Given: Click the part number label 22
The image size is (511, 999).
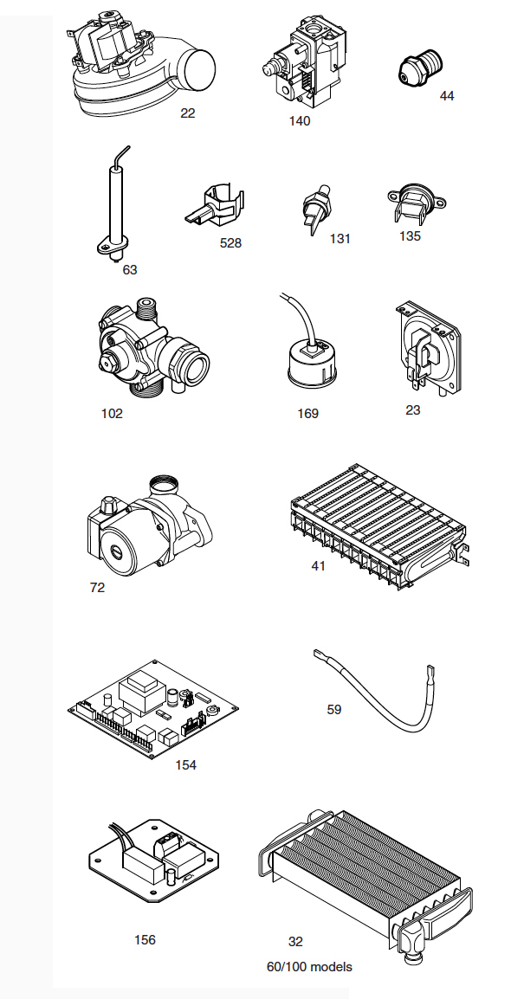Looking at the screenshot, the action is point(187,113).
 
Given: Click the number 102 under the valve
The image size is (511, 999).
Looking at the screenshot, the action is point(112,414).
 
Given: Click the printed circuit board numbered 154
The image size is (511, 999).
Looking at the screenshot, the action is point(153,708).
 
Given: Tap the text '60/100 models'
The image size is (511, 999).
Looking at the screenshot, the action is point(309,967).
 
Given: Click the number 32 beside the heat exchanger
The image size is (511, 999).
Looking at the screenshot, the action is point(295,942).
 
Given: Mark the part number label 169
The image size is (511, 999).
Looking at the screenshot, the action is point(307,414).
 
